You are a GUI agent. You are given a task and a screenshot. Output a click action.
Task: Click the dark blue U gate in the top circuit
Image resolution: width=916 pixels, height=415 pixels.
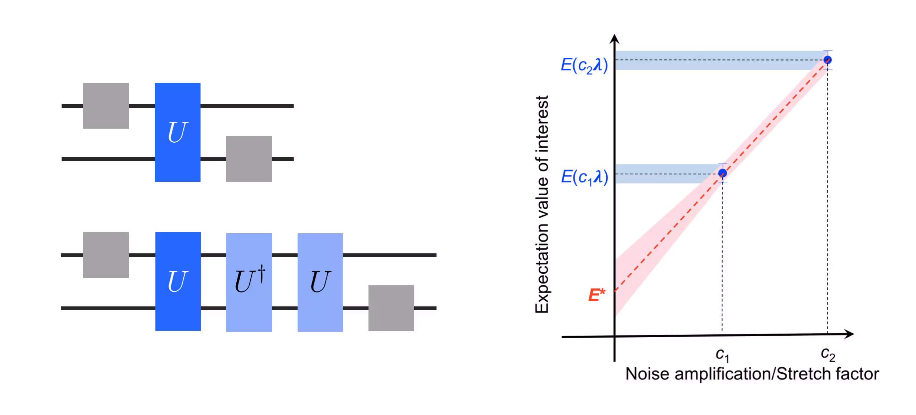point(177,132)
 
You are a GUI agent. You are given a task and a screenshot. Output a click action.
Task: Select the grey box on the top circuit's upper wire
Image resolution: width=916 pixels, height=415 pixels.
point(106,105)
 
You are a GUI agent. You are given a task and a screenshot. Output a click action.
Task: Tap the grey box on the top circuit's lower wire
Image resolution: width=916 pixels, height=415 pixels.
point(249,158)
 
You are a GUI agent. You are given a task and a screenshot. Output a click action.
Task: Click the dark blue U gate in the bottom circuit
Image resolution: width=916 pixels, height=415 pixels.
point(178,281)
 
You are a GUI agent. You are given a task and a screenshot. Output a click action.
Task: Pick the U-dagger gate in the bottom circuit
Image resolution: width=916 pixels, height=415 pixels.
point(249,282)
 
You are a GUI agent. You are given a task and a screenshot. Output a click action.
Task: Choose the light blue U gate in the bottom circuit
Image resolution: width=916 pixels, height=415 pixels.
point(320,282)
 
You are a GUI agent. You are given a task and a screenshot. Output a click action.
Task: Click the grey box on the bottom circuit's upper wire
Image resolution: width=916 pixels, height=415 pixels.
point(106,255)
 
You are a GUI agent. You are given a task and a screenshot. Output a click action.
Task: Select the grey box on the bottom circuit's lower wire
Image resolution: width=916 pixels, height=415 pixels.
point(391,308)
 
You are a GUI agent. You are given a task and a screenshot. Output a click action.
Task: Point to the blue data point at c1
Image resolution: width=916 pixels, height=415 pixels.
point(722,173)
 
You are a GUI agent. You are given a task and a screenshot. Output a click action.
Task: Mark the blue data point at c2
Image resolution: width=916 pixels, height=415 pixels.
point(827,60)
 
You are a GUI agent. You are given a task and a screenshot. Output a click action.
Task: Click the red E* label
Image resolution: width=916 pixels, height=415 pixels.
point(596,295)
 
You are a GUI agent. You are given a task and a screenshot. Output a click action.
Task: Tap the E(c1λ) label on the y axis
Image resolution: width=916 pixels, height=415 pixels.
point(584,177)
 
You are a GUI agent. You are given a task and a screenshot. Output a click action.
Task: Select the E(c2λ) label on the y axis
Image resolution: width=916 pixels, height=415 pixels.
point(584,65)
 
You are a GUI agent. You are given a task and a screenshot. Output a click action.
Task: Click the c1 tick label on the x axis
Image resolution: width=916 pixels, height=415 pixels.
point(722,354)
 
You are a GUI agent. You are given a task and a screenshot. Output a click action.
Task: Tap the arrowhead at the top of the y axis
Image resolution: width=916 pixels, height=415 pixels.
point(614,39)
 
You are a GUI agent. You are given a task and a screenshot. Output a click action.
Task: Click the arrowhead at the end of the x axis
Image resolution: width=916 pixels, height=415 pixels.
point(849,334)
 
